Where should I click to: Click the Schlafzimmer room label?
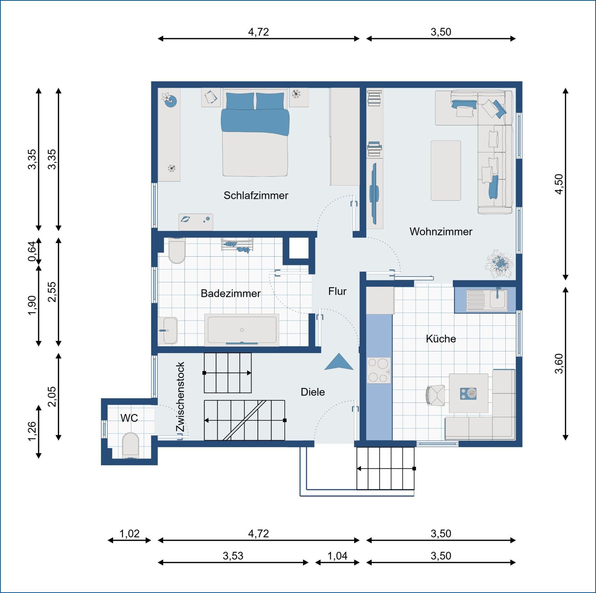pos(256,195)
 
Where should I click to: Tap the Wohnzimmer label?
pos(441,231)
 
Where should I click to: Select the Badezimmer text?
pos(230,294)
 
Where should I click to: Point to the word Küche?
pos(441,339)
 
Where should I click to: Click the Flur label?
pos(337,291)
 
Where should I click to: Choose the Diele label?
pos(312,392)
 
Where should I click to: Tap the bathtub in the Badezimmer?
pos(242,330)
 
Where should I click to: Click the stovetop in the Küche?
pos(379,370)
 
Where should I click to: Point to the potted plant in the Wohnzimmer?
pos(500,263)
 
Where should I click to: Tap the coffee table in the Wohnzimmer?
pos(446,170)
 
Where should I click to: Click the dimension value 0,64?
pos(32,251)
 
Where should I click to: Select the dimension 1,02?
pos(129,534)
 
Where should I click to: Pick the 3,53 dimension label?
pos(233,556)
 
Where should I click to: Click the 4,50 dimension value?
pos(559,184)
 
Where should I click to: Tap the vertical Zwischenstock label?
pos(180,397)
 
